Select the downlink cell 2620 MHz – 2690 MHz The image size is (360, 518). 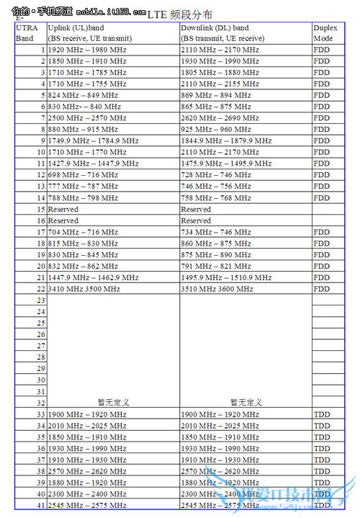220,118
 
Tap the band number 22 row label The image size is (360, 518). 42,289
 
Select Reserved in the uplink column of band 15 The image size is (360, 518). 63,209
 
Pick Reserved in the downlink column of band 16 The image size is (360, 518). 196,220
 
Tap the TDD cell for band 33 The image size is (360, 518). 322,414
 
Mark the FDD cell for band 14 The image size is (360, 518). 321,198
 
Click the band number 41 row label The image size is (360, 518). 42,506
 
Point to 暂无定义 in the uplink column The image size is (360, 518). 113,403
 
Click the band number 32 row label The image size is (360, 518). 42,403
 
